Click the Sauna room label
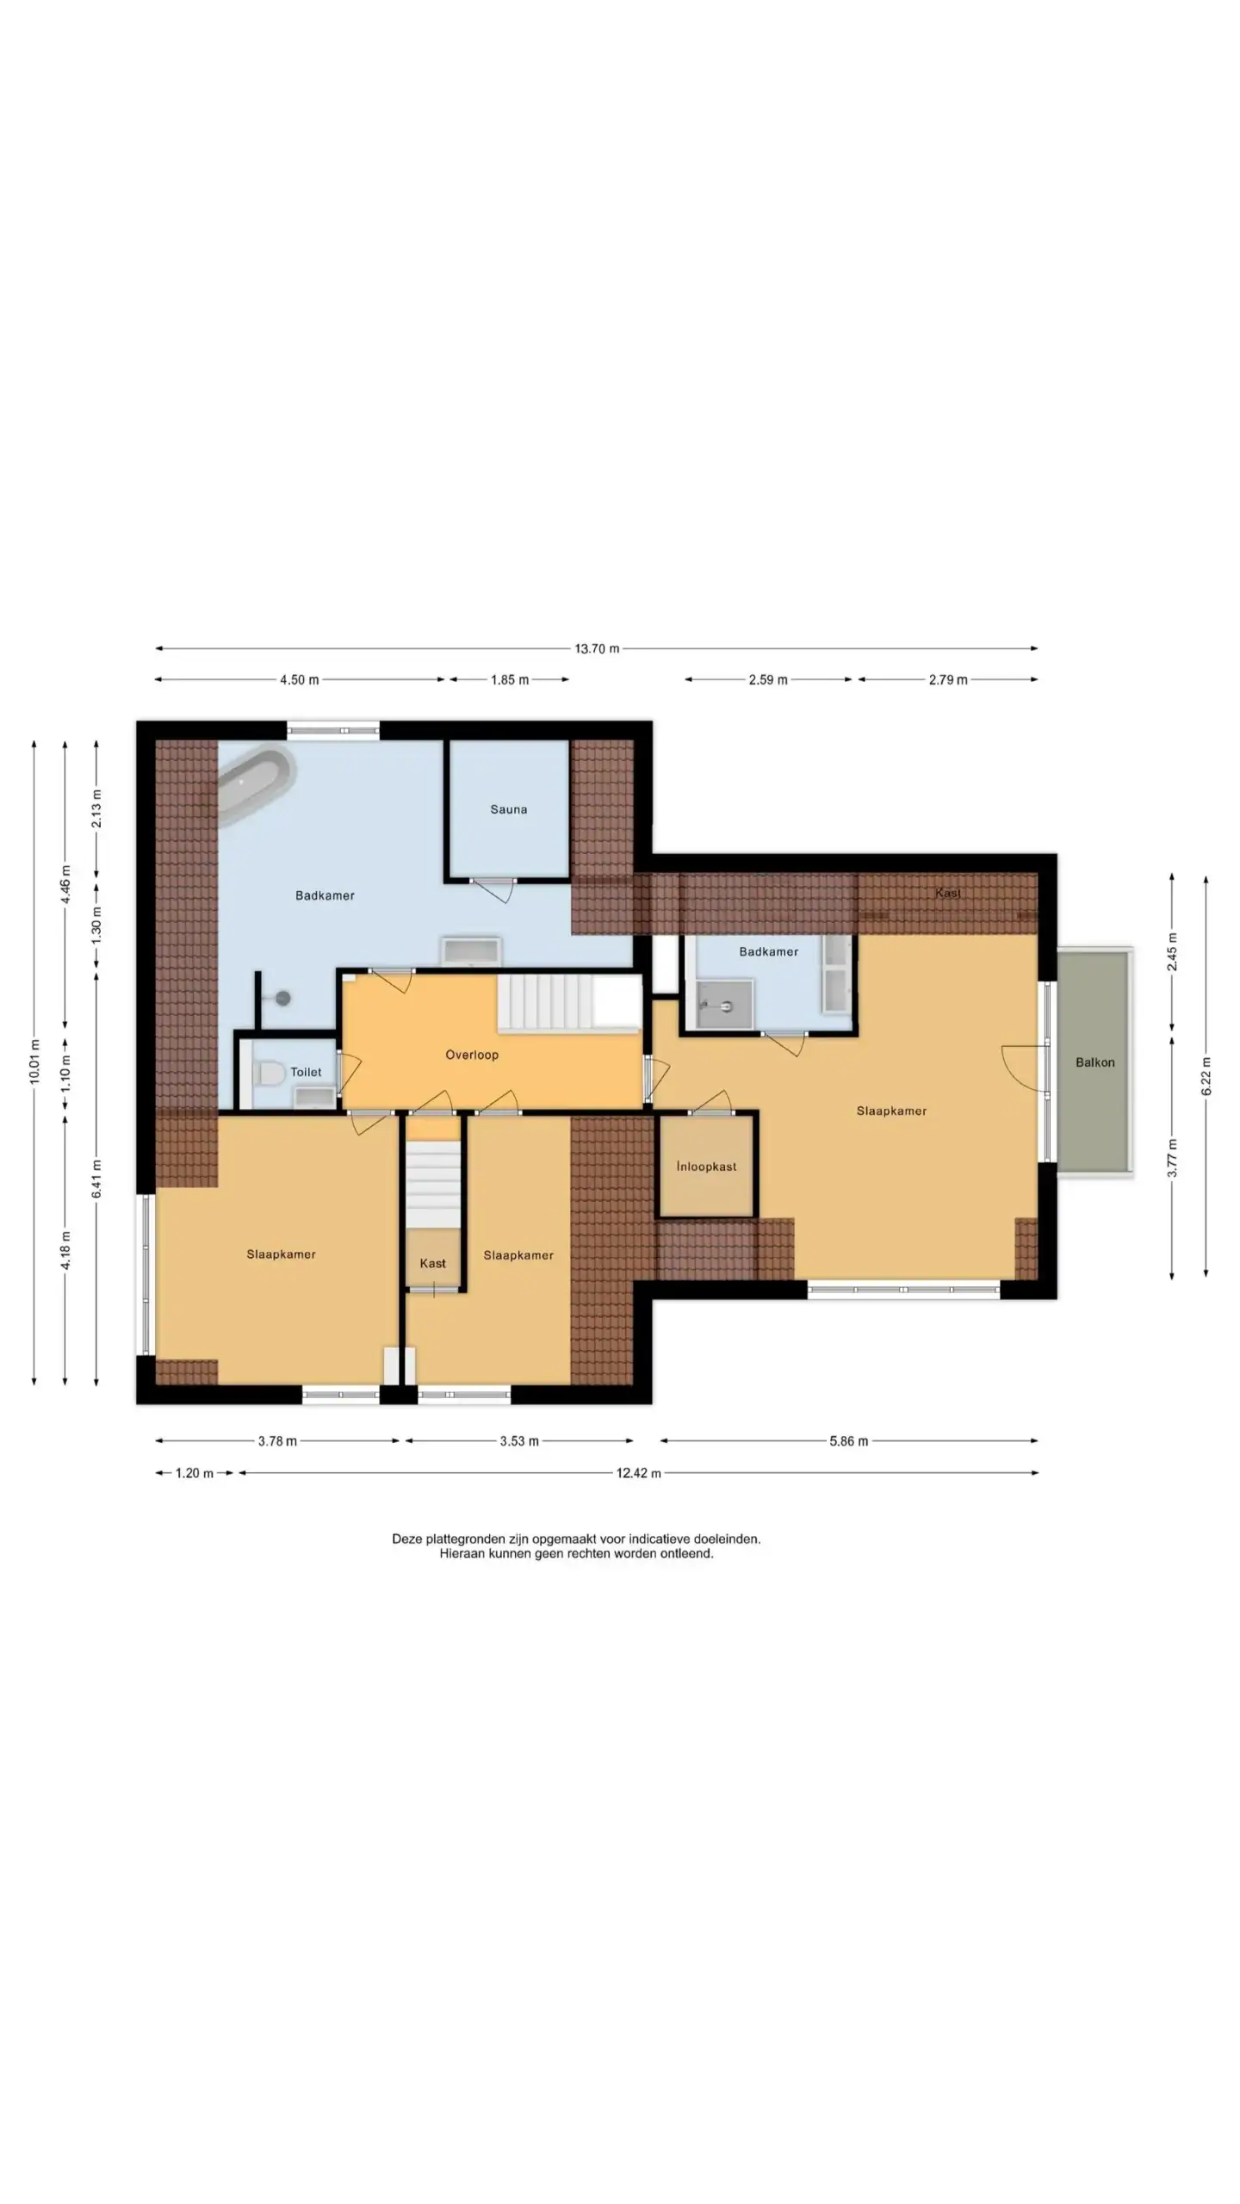(508, 809)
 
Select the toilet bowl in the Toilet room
(270, 1073)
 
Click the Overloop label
(472, 1055)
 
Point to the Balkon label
(1094, 1062)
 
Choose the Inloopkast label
(706, 1167)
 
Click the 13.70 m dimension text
(597, 648)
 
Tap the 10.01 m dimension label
(34, 1061)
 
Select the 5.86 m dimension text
(848, 1441)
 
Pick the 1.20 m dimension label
(194, 1473)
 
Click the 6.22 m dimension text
(1206, 1076)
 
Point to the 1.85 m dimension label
(510, 680)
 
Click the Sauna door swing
(494, 890)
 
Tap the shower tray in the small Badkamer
(724, 1004)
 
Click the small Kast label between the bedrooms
(432, 1263)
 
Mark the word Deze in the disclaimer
(407, 1538)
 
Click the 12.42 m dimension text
(638, 1473)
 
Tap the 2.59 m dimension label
(767, 680)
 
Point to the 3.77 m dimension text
(1172, 1158)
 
